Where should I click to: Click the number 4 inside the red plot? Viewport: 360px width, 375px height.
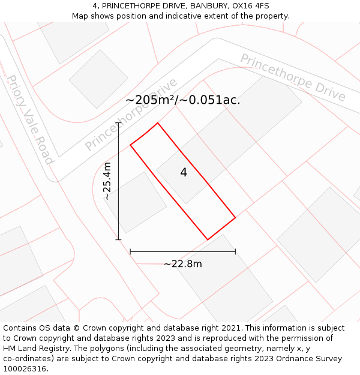[184, 173]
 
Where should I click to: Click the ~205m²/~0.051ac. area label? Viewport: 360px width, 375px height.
[183, 100]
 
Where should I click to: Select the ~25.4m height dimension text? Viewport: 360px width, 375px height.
[107, 181]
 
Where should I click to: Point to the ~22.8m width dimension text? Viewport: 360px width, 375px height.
[183, 264]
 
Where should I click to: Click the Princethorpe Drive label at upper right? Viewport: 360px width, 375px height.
[293, 77]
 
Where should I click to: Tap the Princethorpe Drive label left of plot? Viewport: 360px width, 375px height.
[131, 115]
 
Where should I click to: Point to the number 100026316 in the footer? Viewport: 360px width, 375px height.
[24, 369]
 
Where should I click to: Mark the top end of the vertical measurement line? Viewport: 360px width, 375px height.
[119, 123]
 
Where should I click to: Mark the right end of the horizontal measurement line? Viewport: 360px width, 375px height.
[235, 251]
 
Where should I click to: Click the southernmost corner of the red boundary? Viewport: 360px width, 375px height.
[208, 240]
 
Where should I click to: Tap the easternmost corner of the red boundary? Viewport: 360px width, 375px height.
[235, 217]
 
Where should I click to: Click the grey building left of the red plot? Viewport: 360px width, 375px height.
[136, 202]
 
